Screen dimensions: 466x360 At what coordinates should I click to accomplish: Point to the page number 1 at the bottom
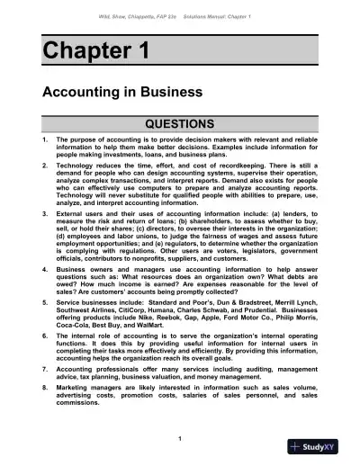tap(180, 438)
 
